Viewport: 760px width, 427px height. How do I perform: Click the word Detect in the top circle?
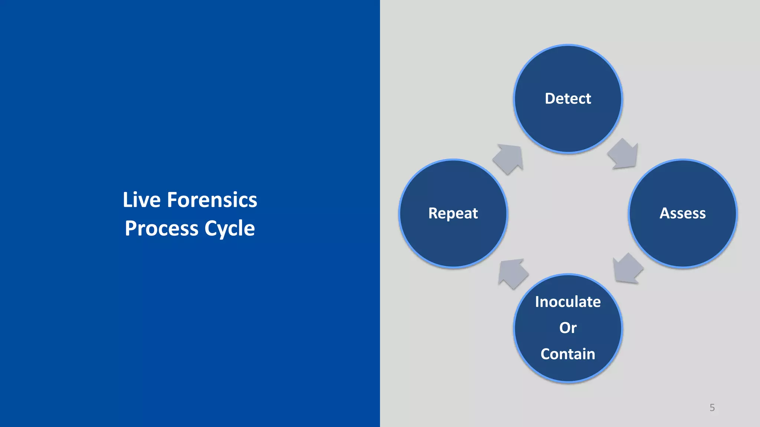coord(568,99)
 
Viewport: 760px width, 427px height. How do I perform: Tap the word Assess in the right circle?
coord(682,213)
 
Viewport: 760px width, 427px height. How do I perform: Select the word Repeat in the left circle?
coord(453,213)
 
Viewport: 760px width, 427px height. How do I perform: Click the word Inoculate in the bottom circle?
coord(568,302)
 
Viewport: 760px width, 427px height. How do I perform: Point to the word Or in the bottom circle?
coord(568,328)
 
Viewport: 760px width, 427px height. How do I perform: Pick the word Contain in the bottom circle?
coord(568,354)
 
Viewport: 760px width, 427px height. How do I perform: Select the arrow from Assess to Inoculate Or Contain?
coord(627,269)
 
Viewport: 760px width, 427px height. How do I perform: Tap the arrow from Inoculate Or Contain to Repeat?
coord(512,273)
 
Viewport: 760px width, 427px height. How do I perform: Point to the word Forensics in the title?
coord(212,200)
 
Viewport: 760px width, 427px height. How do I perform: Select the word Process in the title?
coord(161,228)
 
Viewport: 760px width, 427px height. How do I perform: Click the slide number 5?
coord(712,408)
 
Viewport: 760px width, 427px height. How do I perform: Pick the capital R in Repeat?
coord(433,213)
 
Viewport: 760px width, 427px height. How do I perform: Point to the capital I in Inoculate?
coord(537,302)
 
